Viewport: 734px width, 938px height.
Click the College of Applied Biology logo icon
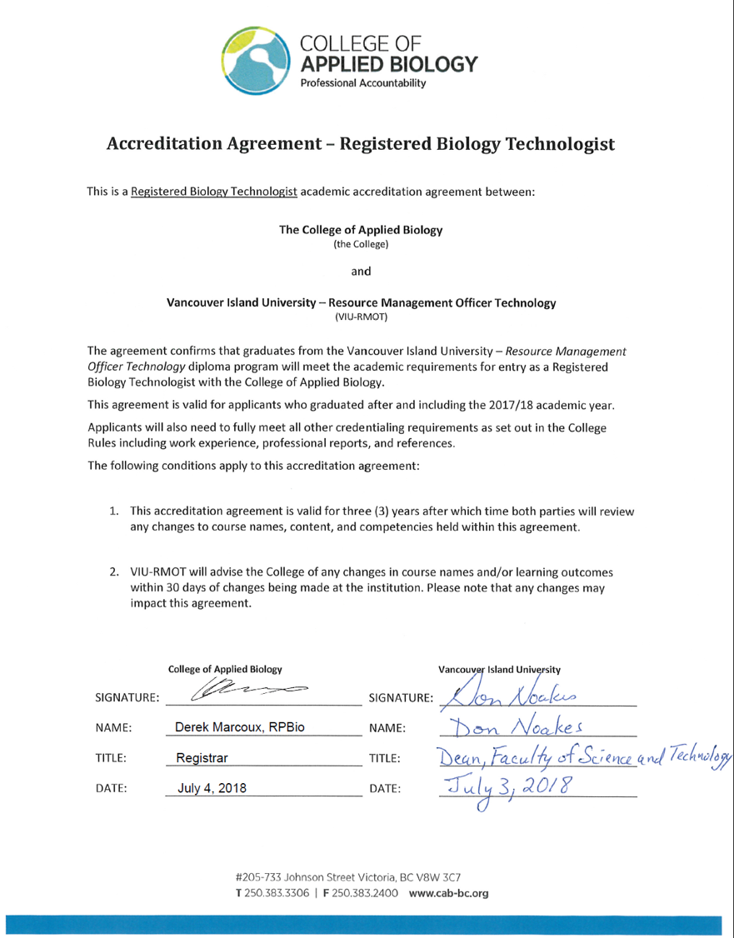tap(256, 57)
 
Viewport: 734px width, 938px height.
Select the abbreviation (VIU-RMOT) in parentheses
tap(367, 317)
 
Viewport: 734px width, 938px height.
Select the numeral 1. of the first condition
tap(116, 508)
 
